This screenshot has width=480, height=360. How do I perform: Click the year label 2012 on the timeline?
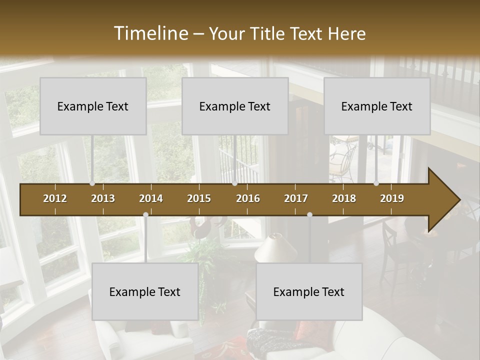[x=55, y=198]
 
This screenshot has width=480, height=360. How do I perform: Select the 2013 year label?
[x=103, y=198]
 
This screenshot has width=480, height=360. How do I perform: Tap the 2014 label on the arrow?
[x=151, y=198]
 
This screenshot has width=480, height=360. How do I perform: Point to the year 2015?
[x=199, y=198]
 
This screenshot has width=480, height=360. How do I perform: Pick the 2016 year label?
[x=248, y=198]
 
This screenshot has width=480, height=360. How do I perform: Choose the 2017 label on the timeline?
[x=296, y=198]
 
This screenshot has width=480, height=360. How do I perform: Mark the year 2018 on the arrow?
[x=344, y=198]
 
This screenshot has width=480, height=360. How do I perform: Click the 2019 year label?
[x=392, y=198]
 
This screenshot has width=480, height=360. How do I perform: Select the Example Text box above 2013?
[x=93, y=106]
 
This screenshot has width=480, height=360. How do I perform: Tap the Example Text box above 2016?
[x=235, y=106]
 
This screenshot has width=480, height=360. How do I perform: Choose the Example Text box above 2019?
[x=377, y=106]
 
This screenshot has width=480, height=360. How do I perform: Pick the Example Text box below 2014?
[x=145, y=291]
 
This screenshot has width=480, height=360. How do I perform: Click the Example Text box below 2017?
[x=309, y=291]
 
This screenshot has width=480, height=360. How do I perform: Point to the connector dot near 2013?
[x=92, y=183]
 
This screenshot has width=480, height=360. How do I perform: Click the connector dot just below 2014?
[x=145, y=215]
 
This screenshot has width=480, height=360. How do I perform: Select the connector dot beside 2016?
[x=234, y=183]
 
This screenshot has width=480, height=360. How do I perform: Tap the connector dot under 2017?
[x=309, y=215]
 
